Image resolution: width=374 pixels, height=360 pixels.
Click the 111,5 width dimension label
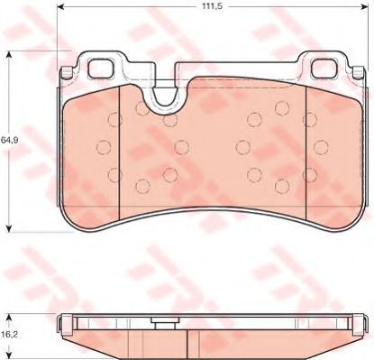click(212, 6)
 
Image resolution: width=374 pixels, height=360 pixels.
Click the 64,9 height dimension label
click(10, 140)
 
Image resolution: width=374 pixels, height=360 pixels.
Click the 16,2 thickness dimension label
click(9, 333)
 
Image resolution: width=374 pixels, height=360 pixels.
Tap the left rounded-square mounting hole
click(101, 68)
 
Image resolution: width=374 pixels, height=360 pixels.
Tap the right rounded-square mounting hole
click(324, 68)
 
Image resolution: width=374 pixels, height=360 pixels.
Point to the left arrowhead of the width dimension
click(60, 6)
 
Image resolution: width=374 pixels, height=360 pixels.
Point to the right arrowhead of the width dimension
click(364, 6)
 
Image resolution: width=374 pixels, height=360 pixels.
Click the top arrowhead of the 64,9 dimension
click(9, 55)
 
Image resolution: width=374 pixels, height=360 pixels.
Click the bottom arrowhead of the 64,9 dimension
click(9, 227)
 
